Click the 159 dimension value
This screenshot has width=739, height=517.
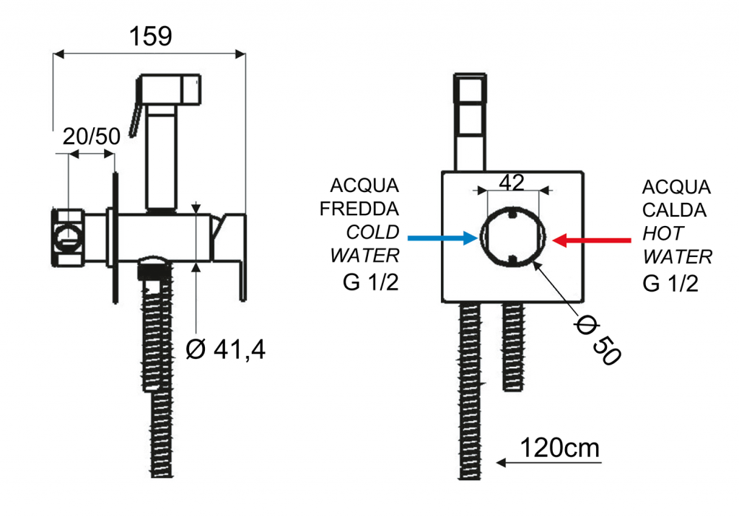coord(151,36)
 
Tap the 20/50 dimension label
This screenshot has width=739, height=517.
coord(90,136)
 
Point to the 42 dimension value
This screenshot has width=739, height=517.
coord(511,183)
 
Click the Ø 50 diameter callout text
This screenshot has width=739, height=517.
coord(596,338)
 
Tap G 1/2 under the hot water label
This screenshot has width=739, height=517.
coord(670,283)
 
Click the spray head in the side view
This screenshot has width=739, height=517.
coord(172,90)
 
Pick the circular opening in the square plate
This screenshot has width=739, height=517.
coord(511,237)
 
